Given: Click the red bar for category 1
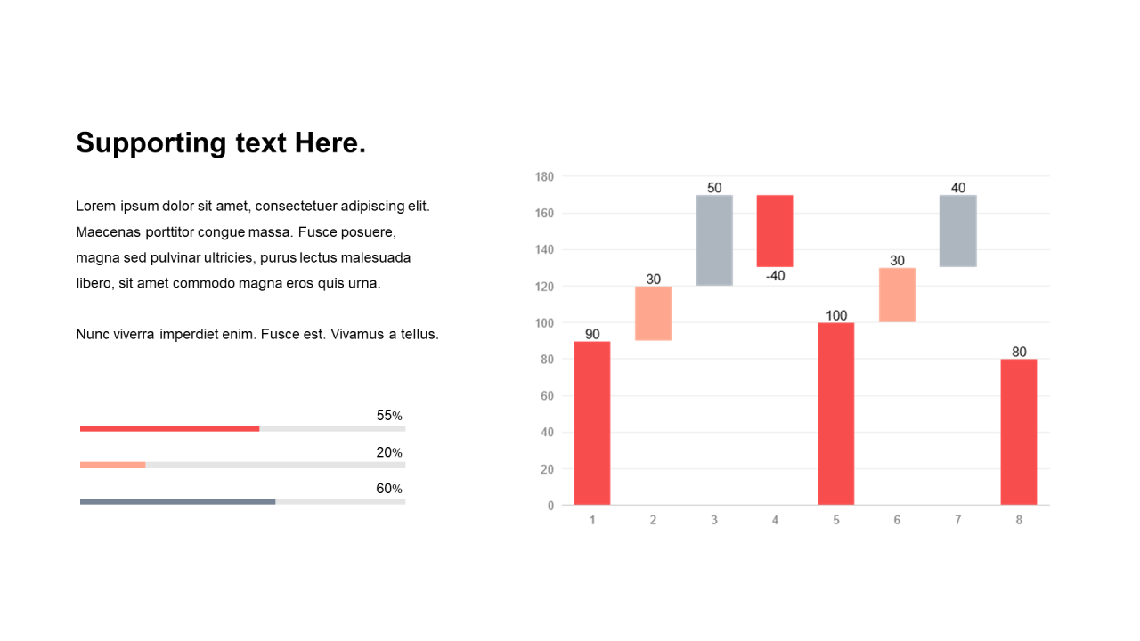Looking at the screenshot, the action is click(592, 423).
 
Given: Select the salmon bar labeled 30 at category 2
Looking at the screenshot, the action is click(653, 313).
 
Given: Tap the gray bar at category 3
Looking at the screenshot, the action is click(714, 240).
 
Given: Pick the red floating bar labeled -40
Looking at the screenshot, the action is click(775, 231).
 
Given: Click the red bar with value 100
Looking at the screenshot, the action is click(836, 414).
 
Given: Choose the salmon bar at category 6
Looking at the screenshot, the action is click(897, 295).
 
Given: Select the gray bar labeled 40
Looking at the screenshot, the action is click(957, 231).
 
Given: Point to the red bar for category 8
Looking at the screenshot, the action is click(1019, 433).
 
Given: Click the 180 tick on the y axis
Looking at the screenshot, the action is click(544, 177).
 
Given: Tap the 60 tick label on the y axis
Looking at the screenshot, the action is click(547, 396).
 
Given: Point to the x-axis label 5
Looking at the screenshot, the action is click(836, 520).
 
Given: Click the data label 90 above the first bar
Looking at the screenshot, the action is click(592, 334).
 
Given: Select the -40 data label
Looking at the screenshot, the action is click(776, 276).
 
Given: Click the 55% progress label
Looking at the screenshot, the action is click(389, 416).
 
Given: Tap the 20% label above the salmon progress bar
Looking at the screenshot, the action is click(389, 452).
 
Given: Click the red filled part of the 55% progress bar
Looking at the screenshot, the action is click(169, 429).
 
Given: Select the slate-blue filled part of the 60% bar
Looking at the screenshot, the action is click(177, 501).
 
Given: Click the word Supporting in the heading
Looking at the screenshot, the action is click(151, 143).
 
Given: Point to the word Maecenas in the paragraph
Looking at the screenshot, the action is click(108, 232).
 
